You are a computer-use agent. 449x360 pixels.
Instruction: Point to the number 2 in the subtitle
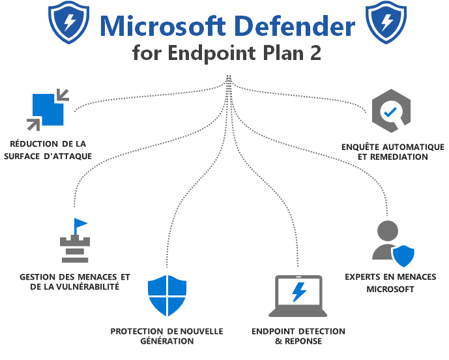click(x=315, y=52)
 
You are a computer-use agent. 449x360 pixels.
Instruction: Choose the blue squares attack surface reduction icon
click(x=48, y=108)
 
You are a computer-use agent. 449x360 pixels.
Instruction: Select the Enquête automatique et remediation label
click(x=393, y=152)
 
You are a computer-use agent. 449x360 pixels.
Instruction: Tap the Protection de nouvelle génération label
click(x=167, y=336)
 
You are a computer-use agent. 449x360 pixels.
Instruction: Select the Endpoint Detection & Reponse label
click(x=298, y=336)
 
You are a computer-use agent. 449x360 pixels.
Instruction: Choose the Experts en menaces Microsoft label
click(x=390, y=283)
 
